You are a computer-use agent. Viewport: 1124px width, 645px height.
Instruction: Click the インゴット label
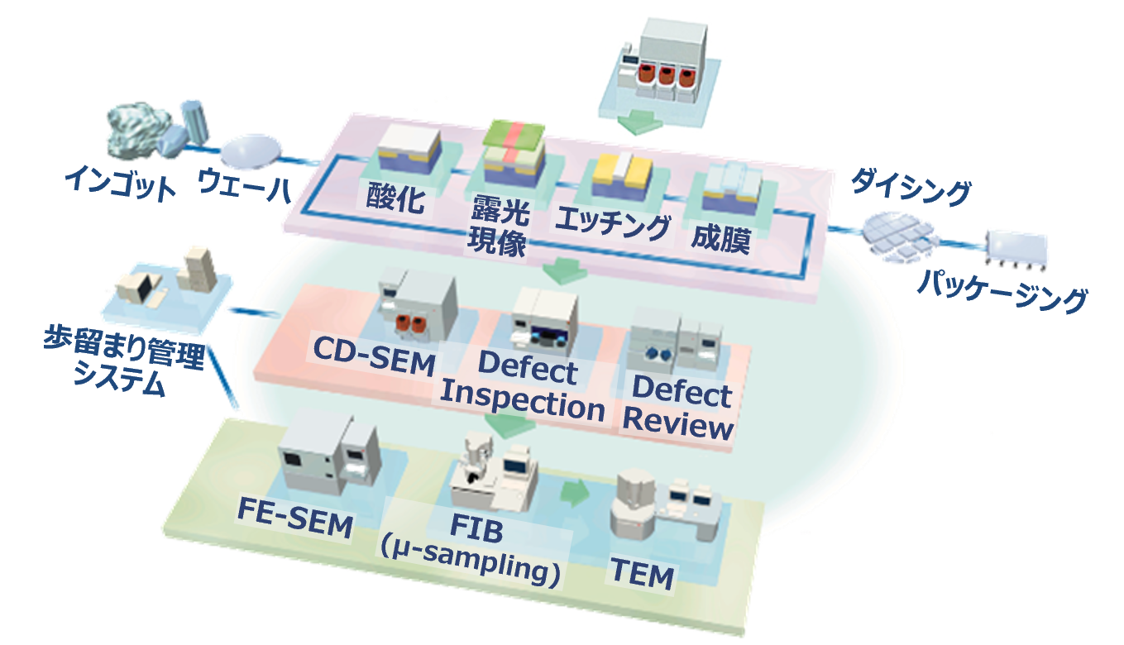tap(122, 184)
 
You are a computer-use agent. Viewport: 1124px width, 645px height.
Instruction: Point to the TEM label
tap(642, 575)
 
